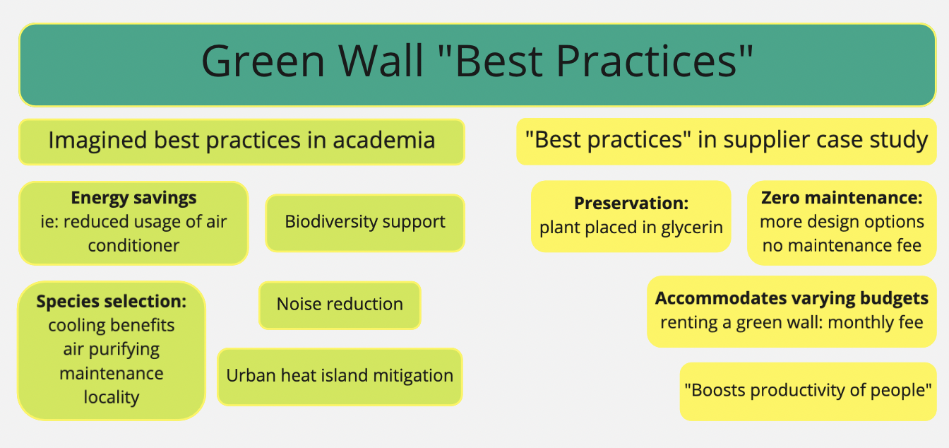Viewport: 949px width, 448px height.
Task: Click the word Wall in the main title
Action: click(x=381, y=61)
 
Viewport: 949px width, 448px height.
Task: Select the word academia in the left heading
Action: click(x=384, y=141)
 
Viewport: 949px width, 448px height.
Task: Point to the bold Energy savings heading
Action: click(x=133, y=198)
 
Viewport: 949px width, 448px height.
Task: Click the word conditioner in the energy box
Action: click(x=133, y=245)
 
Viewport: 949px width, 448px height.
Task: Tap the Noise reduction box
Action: click(x=340, y=305)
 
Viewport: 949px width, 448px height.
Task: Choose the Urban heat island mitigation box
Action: click(x=340, y=377)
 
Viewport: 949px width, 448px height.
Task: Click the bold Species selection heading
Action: click(x=112, y=301)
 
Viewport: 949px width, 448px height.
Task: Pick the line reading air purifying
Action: click(x=112, y=350)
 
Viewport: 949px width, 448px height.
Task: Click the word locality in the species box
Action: click(x=112, y=397)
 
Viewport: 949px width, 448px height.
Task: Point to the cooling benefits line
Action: click(x=112, y=326)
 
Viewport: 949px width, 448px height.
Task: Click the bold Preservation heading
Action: click(x=631, y=204)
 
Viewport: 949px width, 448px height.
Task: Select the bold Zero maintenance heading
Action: click(x=842, y=198)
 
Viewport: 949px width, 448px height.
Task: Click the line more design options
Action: click(x=842, y=222)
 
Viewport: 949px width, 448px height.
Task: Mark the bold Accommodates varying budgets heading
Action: click(x=792, y=299)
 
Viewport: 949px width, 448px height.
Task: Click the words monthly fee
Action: click(x=876, y=322)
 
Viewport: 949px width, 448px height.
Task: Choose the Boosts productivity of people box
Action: click(x=808, y=391)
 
